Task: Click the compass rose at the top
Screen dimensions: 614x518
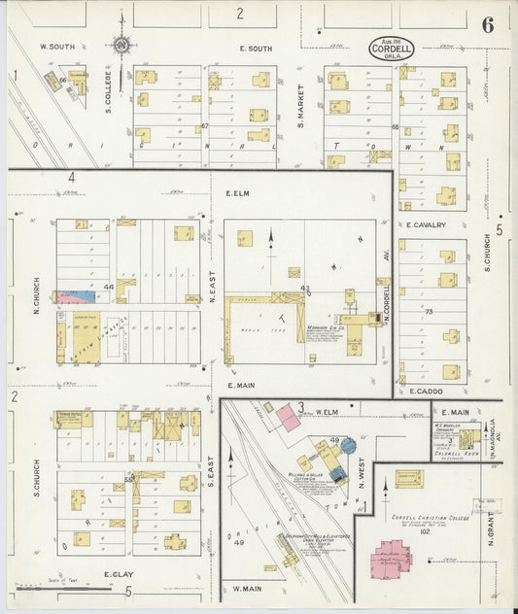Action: point(121,43)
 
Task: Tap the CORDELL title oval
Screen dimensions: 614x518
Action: point(391,48)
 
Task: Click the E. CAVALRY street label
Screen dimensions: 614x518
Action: point(426,225)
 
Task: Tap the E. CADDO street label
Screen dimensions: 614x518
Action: point(426,391)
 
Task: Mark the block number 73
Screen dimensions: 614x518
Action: point(427,311)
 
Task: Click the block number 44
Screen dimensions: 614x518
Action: point(109,287)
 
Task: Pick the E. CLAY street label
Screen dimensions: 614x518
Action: point(118,574)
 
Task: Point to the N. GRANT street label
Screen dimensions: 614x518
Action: point(492,529)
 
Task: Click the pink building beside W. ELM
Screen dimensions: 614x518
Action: point(288,419)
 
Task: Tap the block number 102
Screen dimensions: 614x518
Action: point(425,531)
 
